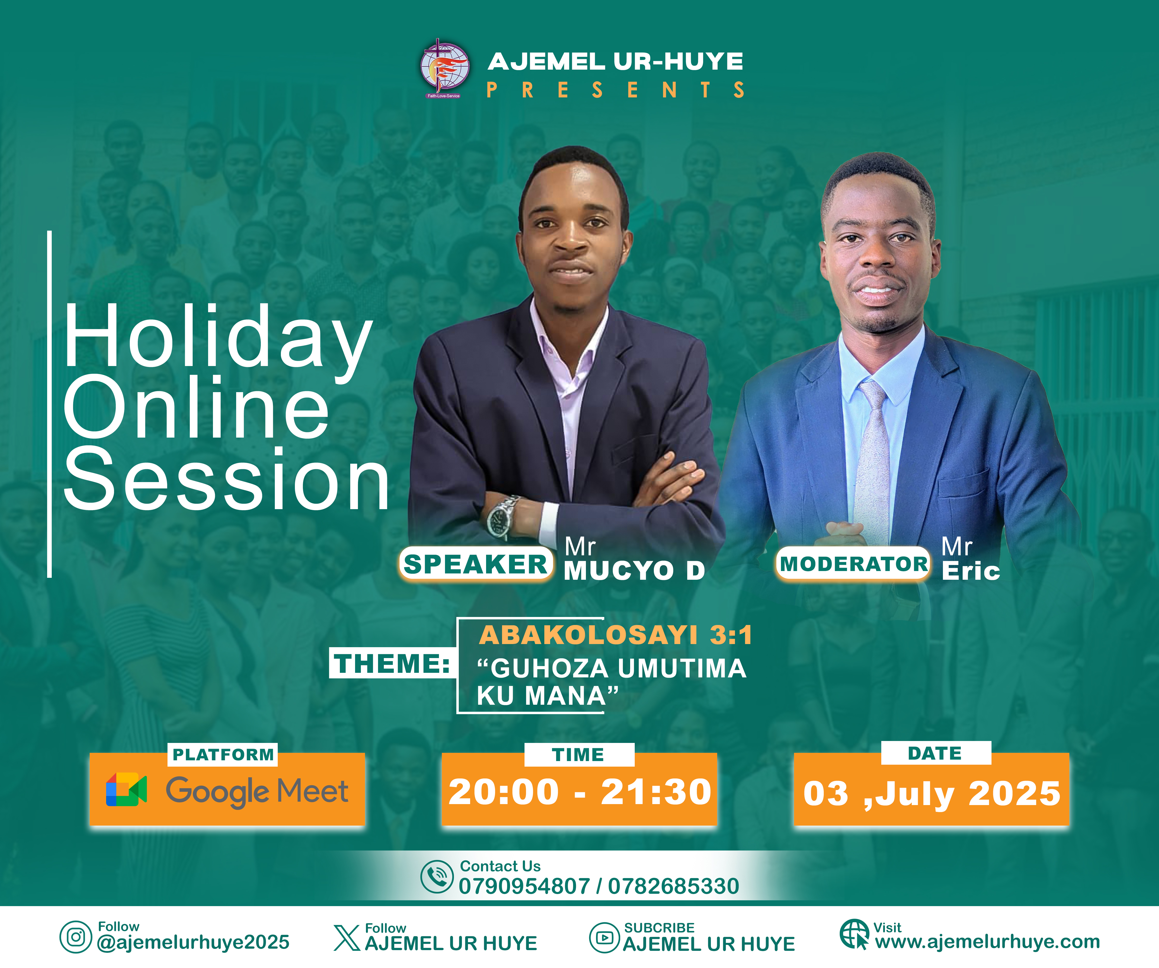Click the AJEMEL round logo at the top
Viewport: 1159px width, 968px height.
(x=445, y=68)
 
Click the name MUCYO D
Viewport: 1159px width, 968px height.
(x=635, y=571)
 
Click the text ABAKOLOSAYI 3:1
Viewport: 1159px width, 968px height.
(x=615, y=635)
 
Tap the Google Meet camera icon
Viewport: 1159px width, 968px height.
(x=126, y=790)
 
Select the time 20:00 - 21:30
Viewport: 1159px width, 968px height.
(x=580, y=792)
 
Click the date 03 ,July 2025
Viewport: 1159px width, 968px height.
(x=932, y=794)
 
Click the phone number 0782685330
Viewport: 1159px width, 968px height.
(x=673, y=886)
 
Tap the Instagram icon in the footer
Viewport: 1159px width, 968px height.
(x=76, y=937)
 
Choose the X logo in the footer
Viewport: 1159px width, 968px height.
(x=347, y=938)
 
